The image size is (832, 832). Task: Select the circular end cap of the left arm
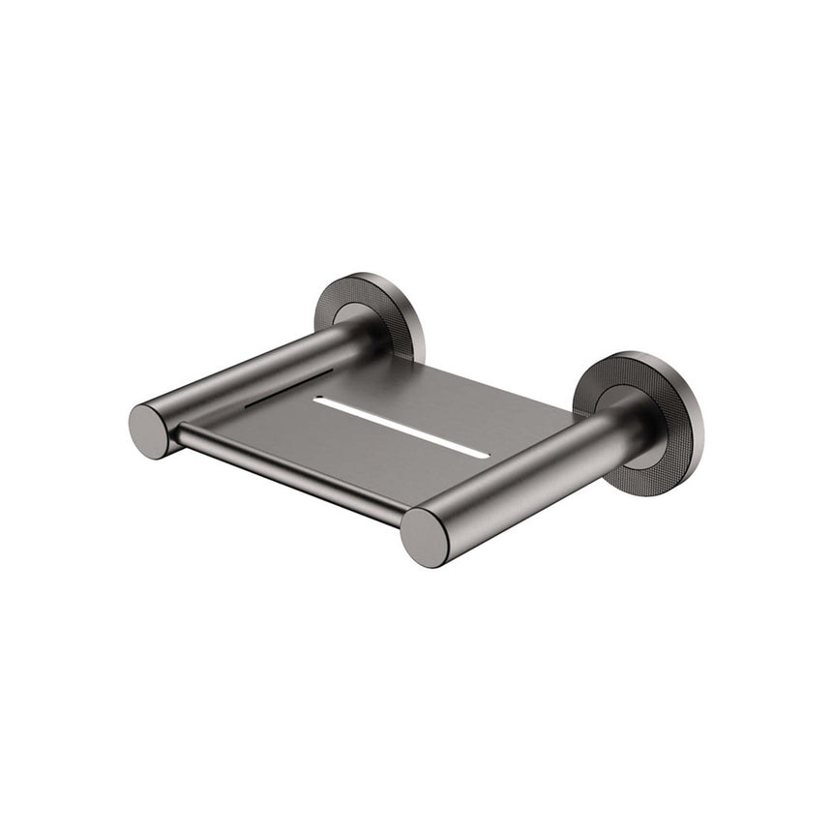click(149, 431)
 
